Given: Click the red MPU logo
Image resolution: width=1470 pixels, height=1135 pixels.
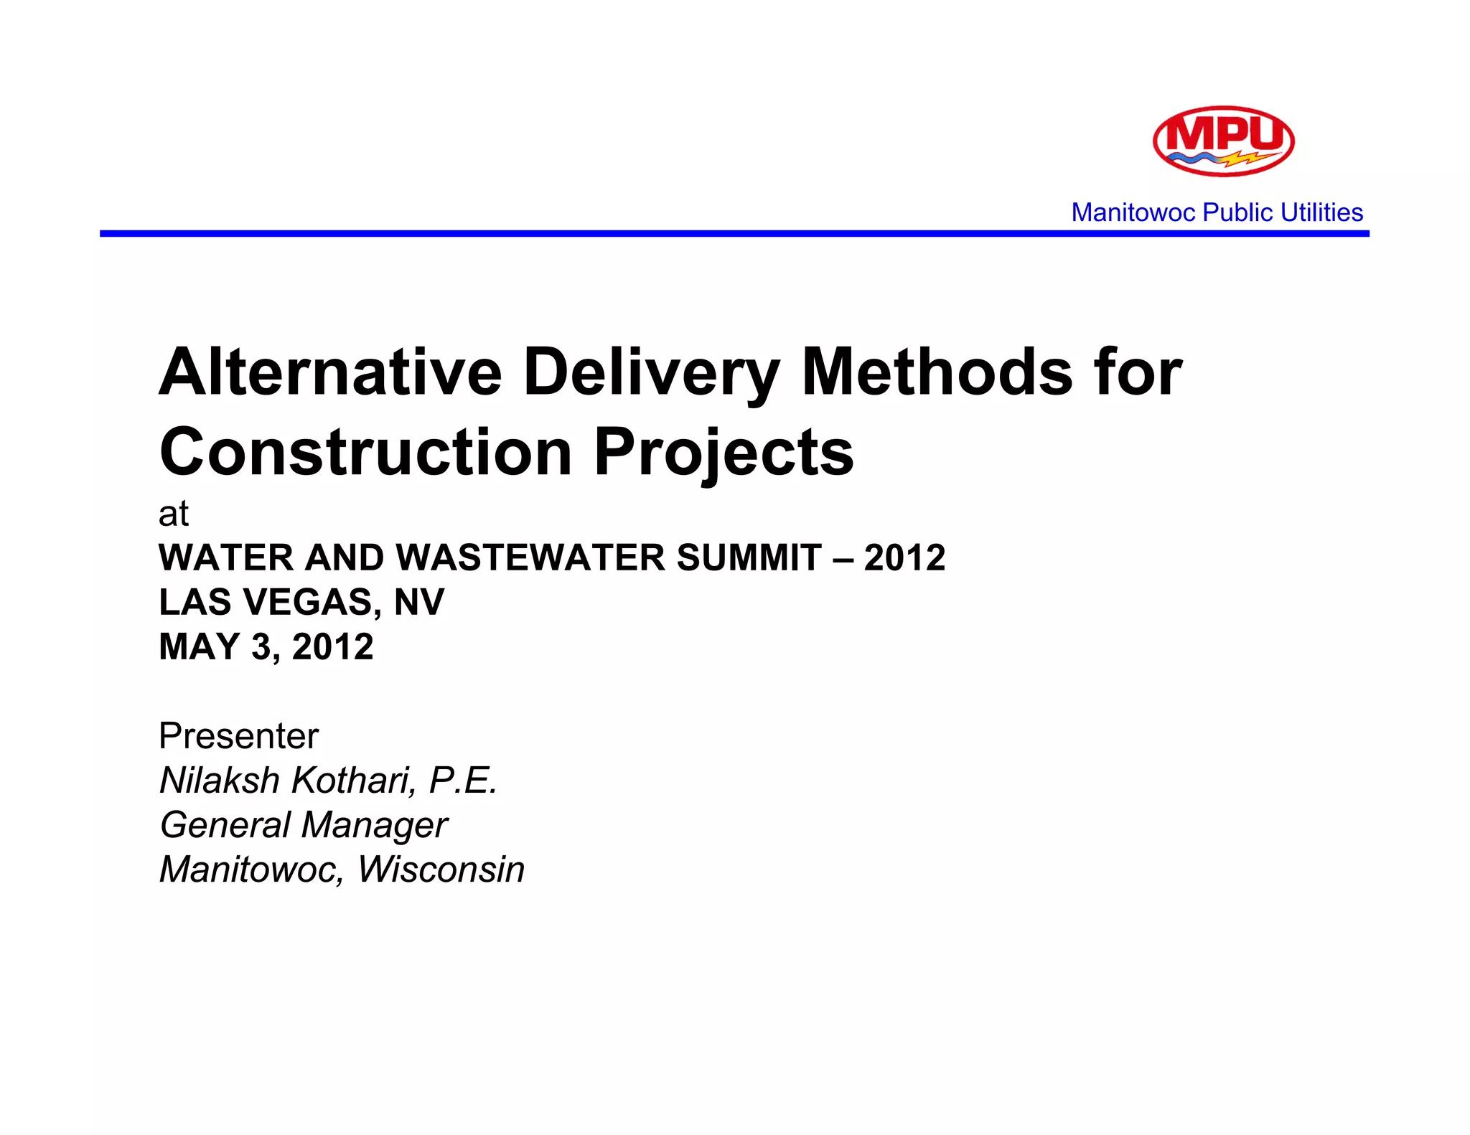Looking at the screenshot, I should point(1223,141).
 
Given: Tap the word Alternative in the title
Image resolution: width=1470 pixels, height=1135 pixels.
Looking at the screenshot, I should point(330,372).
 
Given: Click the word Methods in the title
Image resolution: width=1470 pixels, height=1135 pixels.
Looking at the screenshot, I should point(937,372).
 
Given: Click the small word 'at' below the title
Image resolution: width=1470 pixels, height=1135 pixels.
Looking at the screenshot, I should point(174,514).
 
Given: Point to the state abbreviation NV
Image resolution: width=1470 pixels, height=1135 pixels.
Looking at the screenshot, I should point(419,602).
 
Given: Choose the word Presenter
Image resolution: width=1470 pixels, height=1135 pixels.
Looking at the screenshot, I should point(239,736).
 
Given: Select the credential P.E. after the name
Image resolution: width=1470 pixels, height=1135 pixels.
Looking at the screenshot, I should point(463,781).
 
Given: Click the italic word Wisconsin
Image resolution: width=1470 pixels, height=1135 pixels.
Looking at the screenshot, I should point(441,870).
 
